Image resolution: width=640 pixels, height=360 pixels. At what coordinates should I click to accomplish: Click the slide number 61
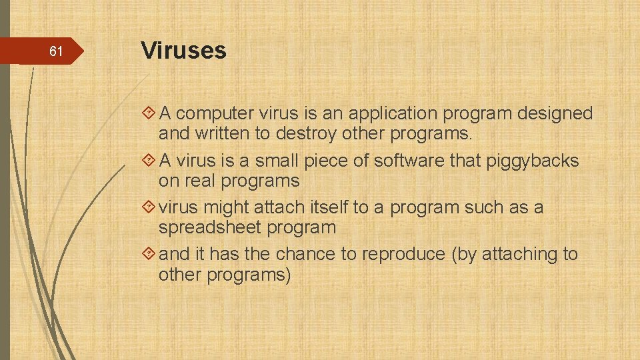pos(57,51)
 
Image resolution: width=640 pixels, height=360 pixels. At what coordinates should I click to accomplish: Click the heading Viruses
pos(183,50)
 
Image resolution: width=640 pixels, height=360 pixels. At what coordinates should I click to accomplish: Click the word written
pos(222,134)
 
